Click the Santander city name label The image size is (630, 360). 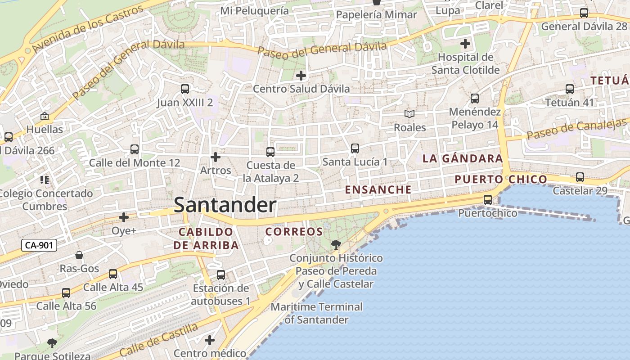225,205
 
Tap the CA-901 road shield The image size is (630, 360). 39,245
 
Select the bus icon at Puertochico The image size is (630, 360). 487,199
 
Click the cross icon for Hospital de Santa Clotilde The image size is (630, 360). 465,44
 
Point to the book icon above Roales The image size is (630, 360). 409,114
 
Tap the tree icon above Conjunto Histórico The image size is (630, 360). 336,245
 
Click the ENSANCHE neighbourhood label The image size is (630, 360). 378,189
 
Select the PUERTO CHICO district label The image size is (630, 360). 500,180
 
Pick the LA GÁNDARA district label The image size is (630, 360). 463,158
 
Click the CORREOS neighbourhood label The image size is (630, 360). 294,232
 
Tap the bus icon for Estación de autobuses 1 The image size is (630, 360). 220,274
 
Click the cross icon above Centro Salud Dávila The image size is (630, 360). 301,75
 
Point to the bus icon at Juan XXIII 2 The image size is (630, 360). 184,89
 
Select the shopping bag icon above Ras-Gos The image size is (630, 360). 79,256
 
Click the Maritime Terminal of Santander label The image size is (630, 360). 316,313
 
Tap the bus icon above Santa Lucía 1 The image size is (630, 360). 355,148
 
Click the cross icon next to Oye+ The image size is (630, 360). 124,217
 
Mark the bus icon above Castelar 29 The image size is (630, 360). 580,177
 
